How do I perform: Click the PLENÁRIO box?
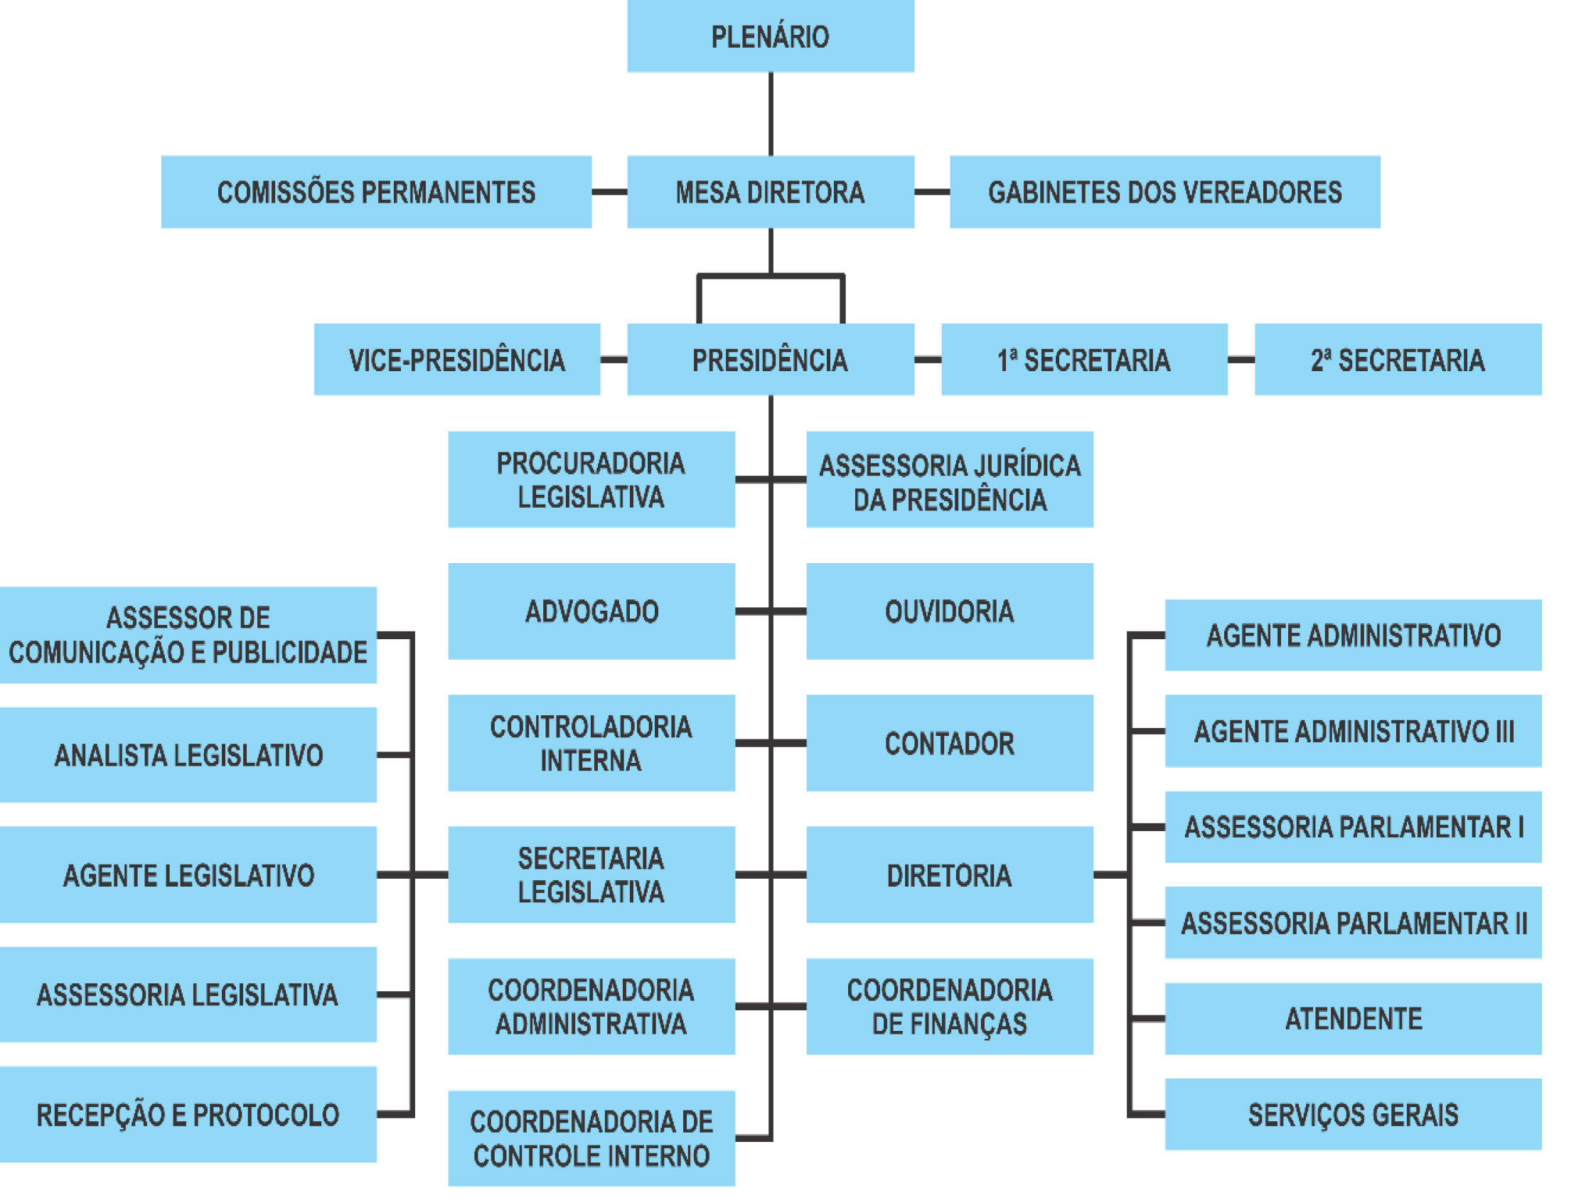pyautogui.click(x=771, y=36)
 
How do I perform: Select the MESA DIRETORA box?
pyautogui.click(x=771, y=192)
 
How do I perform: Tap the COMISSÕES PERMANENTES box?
pyautogui.click(x=376, y=192)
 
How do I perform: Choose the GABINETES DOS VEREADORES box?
pyautogui.click(x=1164, y=192)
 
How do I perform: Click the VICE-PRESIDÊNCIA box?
pyautogui.click(x=456, y=360)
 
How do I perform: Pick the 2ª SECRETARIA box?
pyautogui.click(x=1398, y=360)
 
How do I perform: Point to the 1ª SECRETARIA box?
pyautogui.click(x=1084, y=360)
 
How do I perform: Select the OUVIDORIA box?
pyautogui.click(x=950, y=611)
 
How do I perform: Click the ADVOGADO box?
pyautogui.click(x=591, y=611)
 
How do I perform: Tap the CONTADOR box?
pyautogui.click(x=950, y=743)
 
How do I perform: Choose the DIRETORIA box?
pyautogui.click(x=950, y=875)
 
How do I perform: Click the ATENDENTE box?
pyautogui.click(x=1353, y=1019)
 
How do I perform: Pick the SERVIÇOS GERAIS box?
pyautogui.click(x=1353, y=1115)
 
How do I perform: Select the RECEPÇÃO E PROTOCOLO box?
pyautogui.click(x=188, y=1115)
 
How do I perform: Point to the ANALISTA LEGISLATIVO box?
pyautogui.click(x=188, y=755)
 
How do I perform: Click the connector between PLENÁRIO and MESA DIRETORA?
pyautogui.click(x=771, y=114)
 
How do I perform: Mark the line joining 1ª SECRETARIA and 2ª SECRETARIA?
pyautogui.click(x=1241, y=360)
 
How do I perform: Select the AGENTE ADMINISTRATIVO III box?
pyautogui.click(x=1353, y=731)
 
